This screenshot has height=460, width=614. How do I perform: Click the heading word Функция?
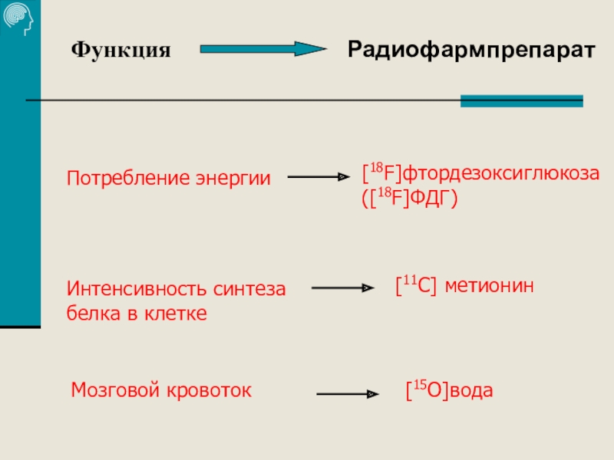(x=120, y=51)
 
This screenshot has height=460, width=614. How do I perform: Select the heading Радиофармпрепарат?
(x=471, y=50)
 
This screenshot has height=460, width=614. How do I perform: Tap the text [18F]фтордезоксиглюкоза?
(x=480, y=172)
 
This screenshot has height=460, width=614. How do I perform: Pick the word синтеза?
(x=253, y=290)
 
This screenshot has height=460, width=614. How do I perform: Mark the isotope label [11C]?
(x=415, y=286)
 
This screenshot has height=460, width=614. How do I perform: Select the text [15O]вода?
(x=449, y=391)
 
